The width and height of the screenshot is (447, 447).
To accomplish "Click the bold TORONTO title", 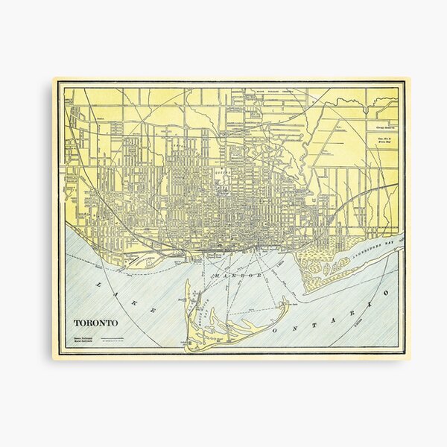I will coord(95,323).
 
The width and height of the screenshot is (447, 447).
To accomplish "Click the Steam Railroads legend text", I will coord(83,337).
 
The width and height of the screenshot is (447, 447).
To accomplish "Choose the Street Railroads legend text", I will coord(83,342).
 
